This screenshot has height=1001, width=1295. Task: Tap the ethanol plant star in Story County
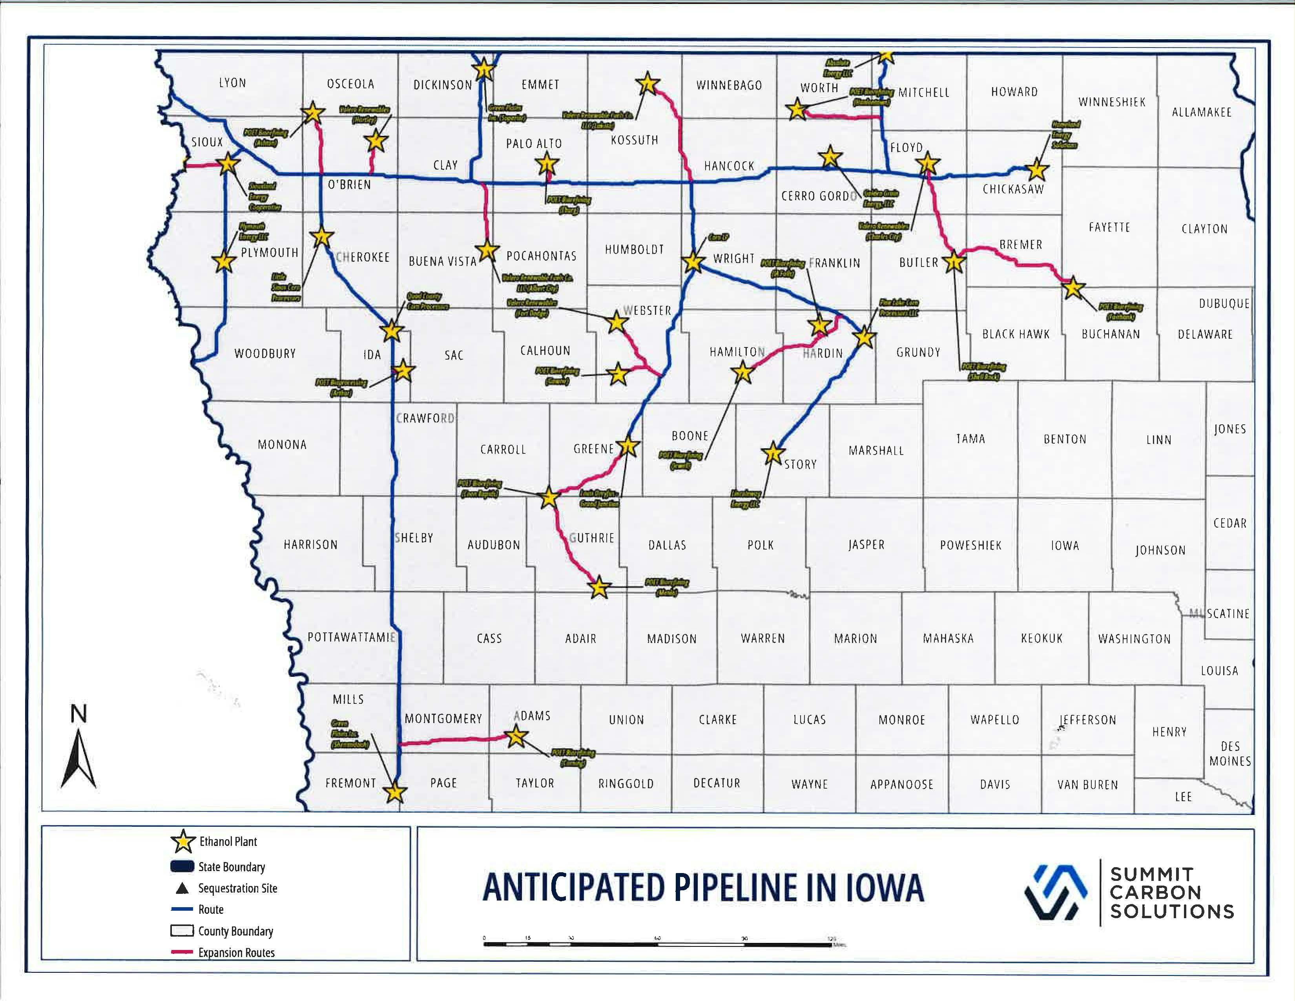773,454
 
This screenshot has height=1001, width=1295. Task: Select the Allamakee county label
1201,112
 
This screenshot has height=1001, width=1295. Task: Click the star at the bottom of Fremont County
395,792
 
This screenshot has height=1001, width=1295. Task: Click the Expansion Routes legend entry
236,952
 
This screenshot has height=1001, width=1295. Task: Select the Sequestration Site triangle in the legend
182,888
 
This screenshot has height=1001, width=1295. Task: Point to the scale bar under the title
658,943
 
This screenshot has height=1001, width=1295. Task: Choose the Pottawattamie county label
351,637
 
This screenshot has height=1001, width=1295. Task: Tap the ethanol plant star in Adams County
516,736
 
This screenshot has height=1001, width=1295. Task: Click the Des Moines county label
1230,753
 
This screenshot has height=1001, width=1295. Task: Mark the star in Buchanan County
1073,289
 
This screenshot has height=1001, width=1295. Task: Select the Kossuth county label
635,141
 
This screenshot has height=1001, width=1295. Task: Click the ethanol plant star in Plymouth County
224,261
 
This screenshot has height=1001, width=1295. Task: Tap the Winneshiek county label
1112,102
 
